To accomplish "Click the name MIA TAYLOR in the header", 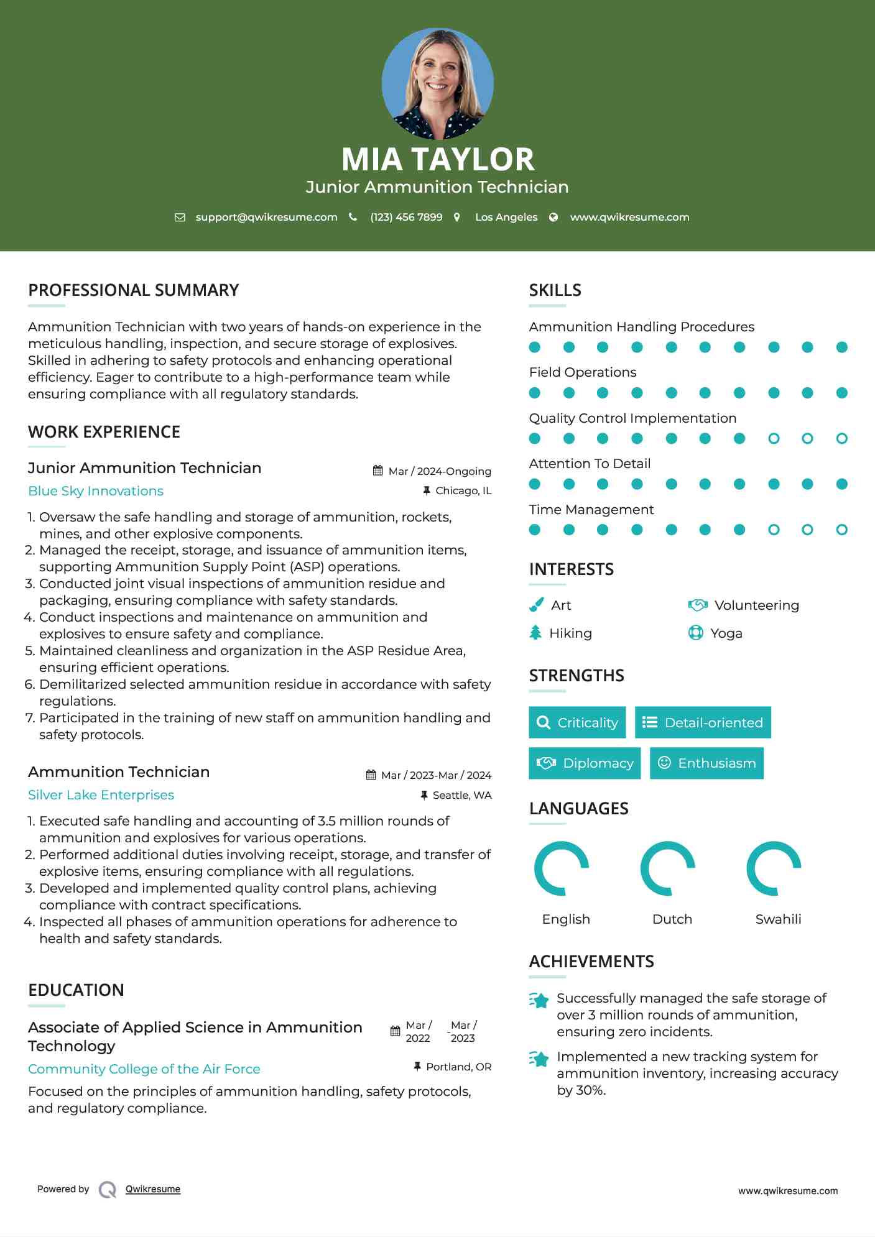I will point(437,159).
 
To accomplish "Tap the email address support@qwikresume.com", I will point(266,217).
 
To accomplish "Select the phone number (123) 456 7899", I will point(406,217).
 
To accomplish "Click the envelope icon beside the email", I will point(180,218).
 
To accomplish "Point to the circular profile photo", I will point(437,83).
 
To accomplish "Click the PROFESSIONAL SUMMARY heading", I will point(133,290).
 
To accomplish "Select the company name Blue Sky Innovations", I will point(96,491).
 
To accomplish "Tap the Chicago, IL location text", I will point(463,490).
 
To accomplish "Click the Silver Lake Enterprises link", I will point(101,795).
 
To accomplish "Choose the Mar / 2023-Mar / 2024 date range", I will point(435,775).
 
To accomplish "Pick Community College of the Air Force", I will point(144,1069).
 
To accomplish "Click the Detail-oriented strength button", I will point(703,722).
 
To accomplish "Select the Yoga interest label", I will point(726,633).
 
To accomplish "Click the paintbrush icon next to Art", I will point(536,605).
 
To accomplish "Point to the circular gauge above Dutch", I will point(667,868).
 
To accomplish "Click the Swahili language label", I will point(778,919).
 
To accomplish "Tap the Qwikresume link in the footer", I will point(152,1189).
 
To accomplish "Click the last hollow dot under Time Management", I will point(841,530).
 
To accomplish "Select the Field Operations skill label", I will point(583,372).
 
